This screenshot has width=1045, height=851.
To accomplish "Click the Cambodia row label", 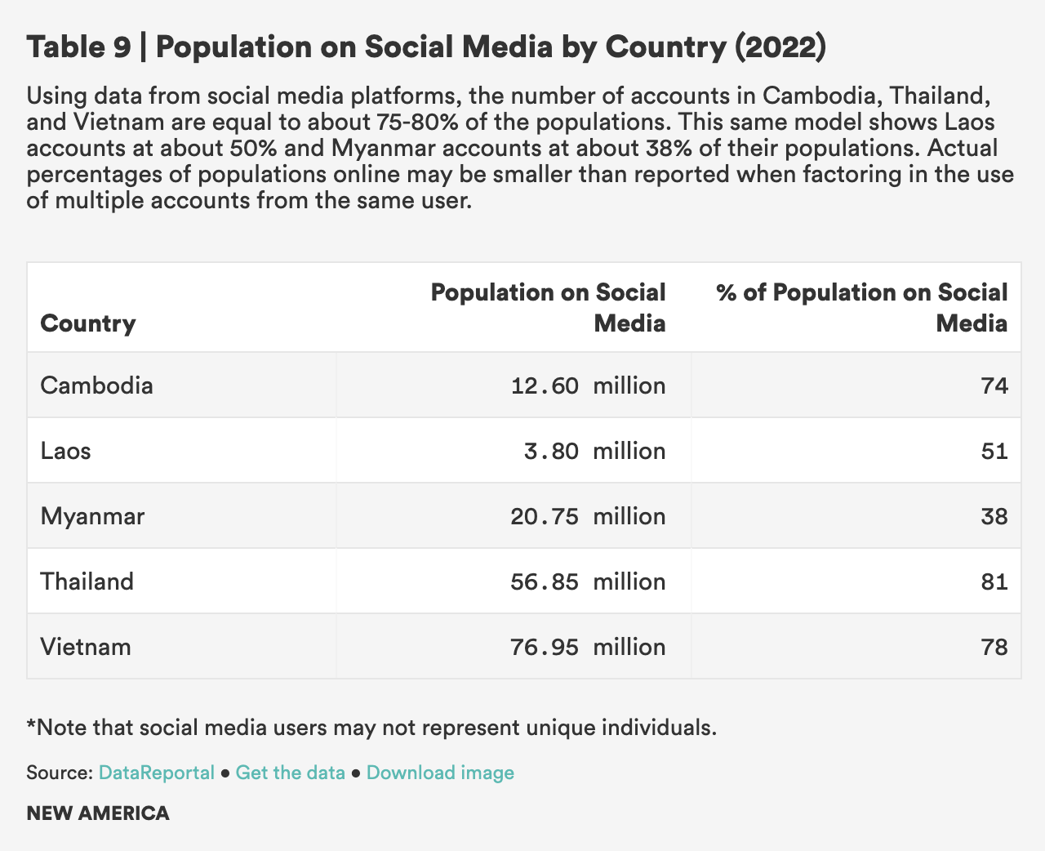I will (x=96, y=385).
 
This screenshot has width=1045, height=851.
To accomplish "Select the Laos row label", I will (x=65, y=451).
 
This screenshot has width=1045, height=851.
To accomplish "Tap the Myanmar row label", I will (x=92, y=516).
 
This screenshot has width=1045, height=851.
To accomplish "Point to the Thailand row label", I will (x=87, y=581).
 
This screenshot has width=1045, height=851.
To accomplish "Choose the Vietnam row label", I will (x=85, y=647).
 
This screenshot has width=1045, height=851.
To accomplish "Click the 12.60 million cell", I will (x=588, y=385).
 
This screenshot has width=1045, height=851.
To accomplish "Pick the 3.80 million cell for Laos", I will (x=595, y=451).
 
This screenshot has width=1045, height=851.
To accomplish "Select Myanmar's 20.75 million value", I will (x=588, y=516).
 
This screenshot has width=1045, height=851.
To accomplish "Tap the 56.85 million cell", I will (x=588, y=581).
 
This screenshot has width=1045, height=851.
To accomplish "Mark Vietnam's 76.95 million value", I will (x=588, y=647).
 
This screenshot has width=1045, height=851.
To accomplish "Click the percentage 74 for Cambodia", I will (x=995, y=385).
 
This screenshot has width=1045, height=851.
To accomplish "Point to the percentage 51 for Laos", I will (x=995, y=451).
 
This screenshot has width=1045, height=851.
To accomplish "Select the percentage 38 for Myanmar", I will (x=995, y=516).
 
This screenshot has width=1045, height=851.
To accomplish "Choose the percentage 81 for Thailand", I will (x=995, y=581).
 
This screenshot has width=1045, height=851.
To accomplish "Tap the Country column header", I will (x=87, y=323).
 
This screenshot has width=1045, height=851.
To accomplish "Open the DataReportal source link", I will (x=156, y=773).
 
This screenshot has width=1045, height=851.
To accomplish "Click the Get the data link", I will (x=290, y=773).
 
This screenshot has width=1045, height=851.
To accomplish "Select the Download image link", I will (x=440, y=773).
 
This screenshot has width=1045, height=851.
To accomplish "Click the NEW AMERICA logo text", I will (x=98, y=813).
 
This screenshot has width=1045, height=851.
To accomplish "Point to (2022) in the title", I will (x=780, y=47).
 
